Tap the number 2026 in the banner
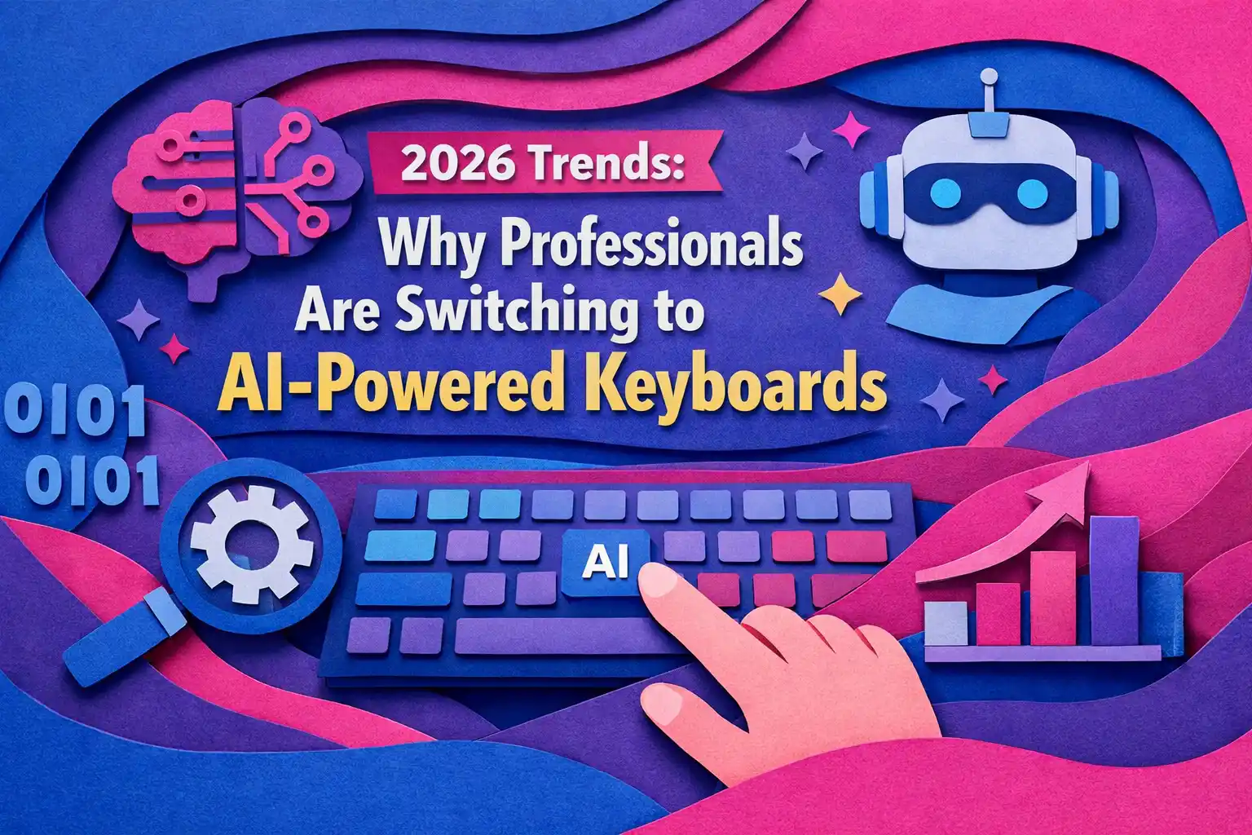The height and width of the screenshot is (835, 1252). coord(457,166)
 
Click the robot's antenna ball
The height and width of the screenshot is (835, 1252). coord(988,77)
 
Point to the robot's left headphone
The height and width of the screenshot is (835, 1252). coord(876,196)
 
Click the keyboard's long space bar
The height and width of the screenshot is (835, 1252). coord(562,636)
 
